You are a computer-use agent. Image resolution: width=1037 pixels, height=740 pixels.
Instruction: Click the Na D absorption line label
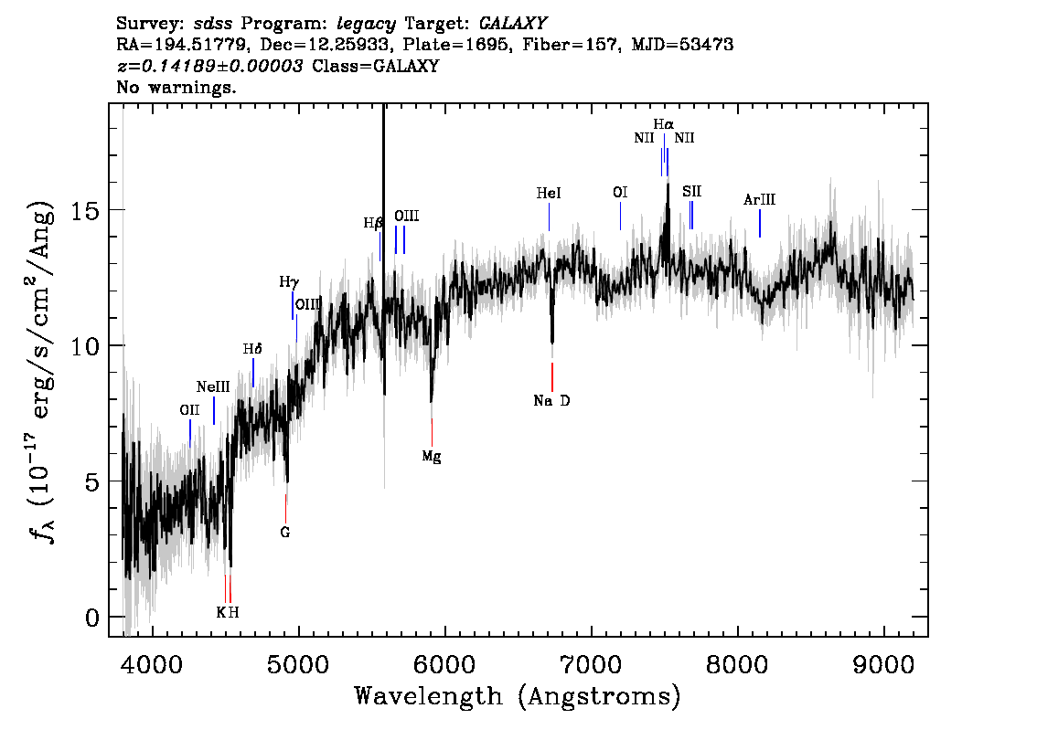tap(551, 400)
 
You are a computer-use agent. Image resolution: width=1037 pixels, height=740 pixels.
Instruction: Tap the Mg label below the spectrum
tap(432, 457)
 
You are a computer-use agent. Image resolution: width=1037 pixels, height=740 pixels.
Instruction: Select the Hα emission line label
tap(663, 124)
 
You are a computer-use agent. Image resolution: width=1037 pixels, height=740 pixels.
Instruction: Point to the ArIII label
tap(759, 199)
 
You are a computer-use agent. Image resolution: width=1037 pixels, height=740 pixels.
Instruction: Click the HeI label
tap(549, 193)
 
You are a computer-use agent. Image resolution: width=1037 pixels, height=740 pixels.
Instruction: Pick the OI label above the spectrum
tap(620, 192)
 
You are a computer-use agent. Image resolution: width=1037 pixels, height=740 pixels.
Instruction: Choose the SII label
tap(691, 192)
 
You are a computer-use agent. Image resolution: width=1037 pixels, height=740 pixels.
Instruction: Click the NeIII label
tap(213, 387)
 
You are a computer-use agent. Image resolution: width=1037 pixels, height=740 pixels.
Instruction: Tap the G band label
tap(285, 533)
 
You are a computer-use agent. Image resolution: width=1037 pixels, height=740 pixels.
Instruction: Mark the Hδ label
tap(252, 349)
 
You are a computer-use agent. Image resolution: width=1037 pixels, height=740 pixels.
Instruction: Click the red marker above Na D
tap(552, 377)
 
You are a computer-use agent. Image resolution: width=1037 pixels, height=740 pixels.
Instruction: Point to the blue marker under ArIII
tap(760, 223)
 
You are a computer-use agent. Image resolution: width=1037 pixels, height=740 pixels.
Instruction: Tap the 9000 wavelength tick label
tap(883, 664)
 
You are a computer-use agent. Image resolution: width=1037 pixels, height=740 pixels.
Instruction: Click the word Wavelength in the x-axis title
tap(429, 696)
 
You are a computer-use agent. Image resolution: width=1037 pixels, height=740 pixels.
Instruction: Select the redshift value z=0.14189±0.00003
tap(210, 66)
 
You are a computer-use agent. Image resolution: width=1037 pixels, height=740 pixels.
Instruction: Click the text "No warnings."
tap(176, 87)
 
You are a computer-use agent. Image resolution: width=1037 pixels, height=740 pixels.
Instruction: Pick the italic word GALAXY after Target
tap(512, 24)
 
